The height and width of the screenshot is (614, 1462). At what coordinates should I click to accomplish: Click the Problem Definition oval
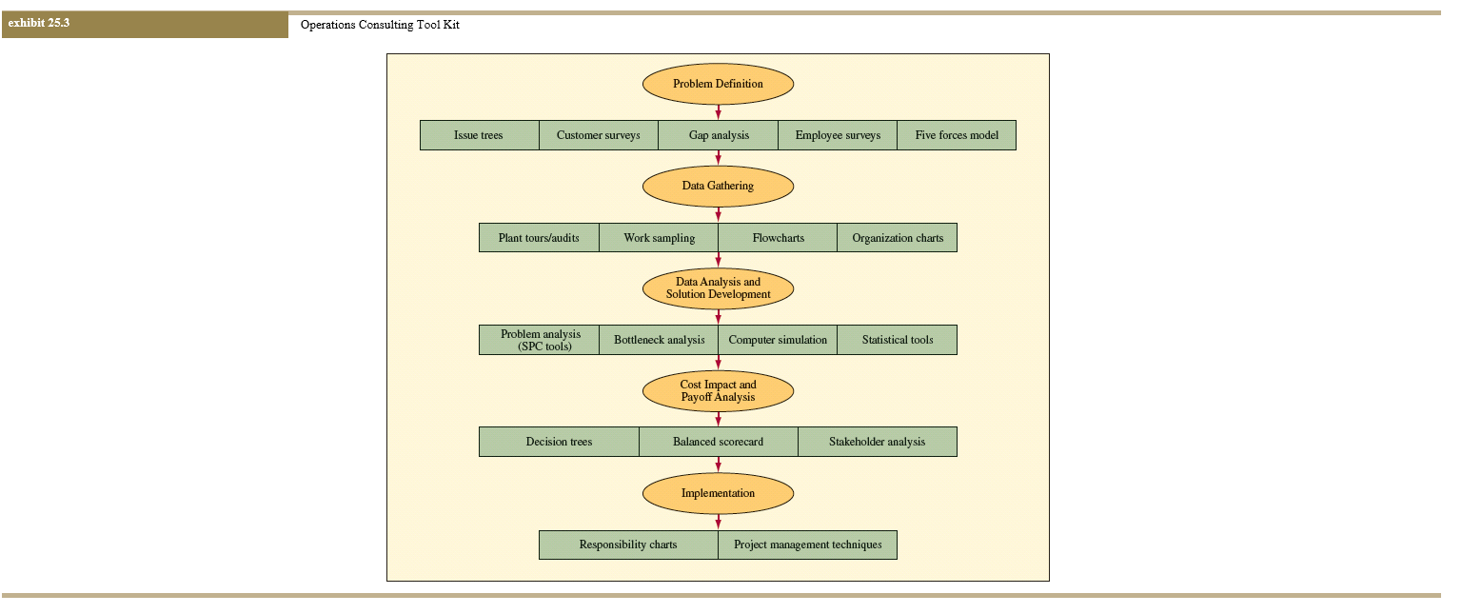coord(718,84)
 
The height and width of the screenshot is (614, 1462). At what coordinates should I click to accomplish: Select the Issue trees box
coord(479,135)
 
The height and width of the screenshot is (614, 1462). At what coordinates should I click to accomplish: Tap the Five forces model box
coord(957,135)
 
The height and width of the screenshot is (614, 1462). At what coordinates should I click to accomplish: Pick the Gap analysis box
coord(719,135)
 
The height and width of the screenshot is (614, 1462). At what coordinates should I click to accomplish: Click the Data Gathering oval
coord(718,186)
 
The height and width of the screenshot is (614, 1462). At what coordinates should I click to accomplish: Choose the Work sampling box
coord(659,237)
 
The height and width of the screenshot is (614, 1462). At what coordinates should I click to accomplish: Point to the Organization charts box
coord(897,237)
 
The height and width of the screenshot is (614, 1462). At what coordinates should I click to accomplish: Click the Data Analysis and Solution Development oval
coord(718,288)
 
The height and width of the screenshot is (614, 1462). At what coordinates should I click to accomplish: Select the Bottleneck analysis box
coord(659,340)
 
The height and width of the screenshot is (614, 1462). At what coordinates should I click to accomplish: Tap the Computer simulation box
coord(778,340)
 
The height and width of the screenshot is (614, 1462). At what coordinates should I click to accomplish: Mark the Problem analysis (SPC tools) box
coord(540,340)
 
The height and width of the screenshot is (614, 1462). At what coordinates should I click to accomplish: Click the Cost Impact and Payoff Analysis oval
coord(718,391)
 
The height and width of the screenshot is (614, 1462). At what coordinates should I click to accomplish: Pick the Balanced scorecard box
coord(718,442)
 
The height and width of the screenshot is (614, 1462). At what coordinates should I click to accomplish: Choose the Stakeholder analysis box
coord(877,442)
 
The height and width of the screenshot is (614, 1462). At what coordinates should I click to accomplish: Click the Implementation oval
coord(718,493)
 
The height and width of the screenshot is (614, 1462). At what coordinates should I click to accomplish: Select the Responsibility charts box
coord(628,545)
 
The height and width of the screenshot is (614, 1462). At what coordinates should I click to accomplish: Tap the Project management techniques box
coord(807,545)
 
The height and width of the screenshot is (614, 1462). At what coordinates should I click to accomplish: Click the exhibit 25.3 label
coord(39,24)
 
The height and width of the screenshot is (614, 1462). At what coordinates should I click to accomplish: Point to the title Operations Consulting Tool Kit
coord(380,25)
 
